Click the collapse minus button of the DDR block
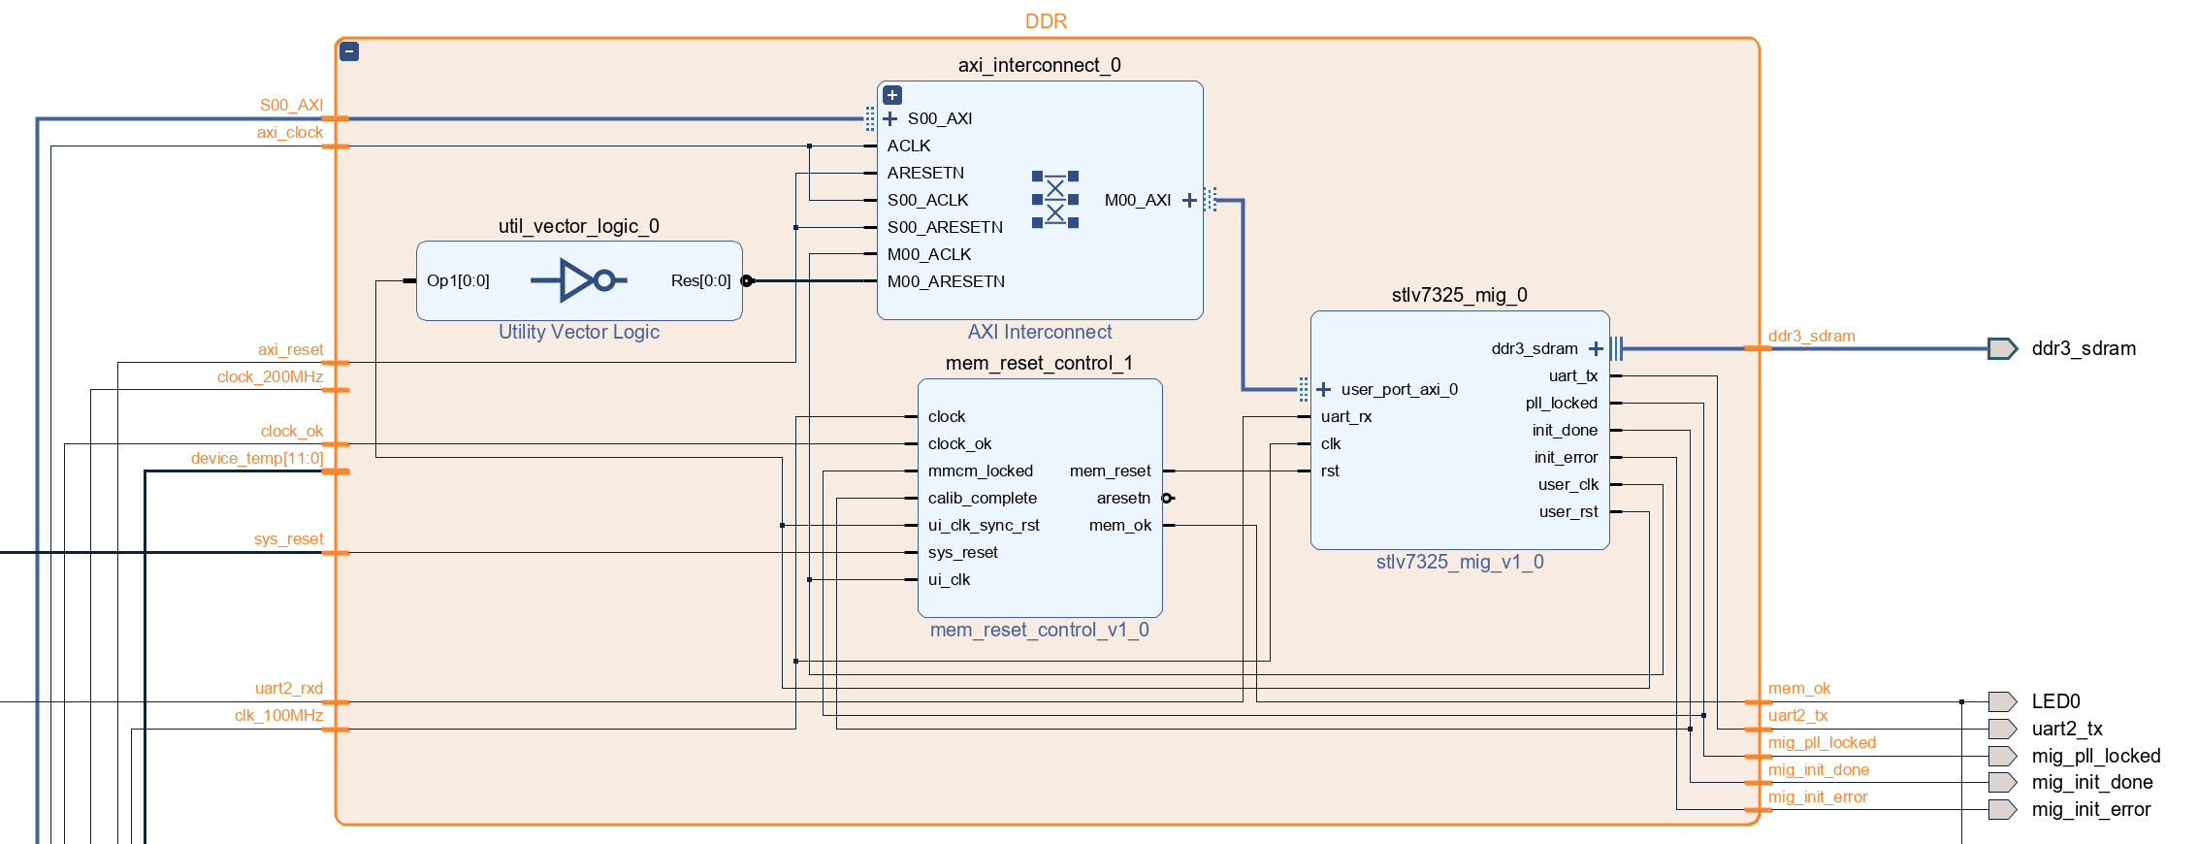(x=350, y=52)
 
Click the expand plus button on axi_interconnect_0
(x=892, y=95)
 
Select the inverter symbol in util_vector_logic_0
(x=579, y=280)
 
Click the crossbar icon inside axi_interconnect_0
(x=1055, y=200)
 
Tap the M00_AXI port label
(x=1137, y=200)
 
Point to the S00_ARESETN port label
(x=945, y=227)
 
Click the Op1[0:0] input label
(x=458, y=280)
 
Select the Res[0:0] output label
(x=700, y=280)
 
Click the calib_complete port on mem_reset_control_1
(x=982, y=498)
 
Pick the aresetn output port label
(x=1123, y=498)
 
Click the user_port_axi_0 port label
(x=1399, y=389)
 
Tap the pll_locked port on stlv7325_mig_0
(x=1561, y=403)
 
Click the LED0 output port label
(x=2055, y=701)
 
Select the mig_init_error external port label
(x=2090, y=809)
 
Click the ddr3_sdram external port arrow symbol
(x=2001, y=348)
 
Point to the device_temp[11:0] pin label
(x=257, y=458)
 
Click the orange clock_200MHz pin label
(x=270, y=376)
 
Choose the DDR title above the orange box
(x=1046, y=21)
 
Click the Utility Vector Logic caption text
(x=579, y=332)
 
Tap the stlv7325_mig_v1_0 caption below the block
(x=1460, y=562)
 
